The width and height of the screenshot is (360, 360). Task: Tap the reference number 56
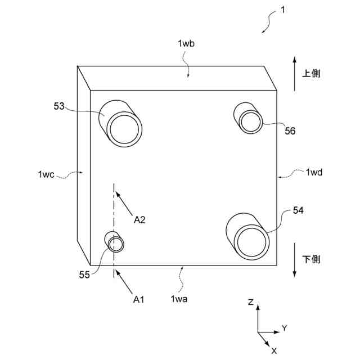point(290,131)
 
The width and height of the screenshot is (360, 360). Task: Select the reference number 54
point(299,210)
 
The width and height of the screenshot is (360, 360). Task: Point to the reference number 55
point(84,274)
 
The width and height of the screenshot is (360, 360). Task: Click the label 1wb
point(186,43)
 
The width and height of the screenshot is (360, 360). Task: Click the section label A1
point(139,299)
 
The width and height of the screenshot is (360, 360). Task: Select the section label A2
point(140,220)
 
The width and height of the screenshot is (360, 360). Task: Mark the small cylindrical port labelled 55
point(116,244)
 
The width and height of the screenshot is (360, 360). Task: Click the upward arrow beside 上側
point(294,73)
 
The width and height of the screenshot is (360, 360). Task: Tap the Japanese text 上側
point(312,74)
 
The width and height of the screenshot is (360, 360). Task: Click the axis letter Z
point(251,302)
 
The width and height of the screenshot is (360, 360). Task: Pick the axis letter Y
point(285,328)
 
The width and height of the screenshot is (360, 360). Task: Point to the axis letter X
point(274,350)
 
